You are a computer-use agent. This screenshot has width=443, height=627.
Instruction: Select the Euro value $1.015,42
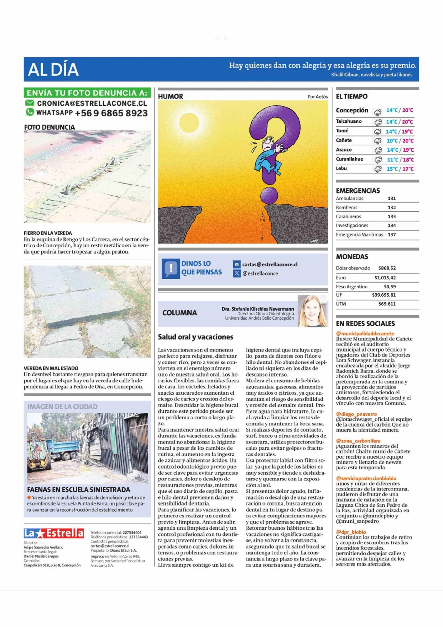click(385, 278)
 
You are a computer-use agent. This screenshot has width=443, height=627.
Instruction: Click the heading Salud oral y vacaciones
click(195, 337)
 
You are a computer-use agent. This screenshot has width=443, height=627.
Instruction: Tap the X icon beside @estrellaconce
click(236, 273)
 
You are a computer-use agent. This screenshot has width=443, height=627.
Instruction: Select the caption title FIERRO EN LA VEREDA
click(48, 233)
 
